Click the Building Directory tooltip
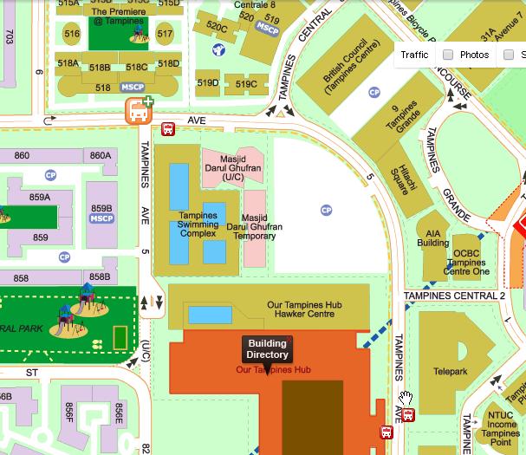click(267, 349)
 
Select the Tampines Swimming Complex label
click(198, 224)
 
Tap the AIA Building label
click(433, 238)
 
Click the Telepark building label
click(450, 371)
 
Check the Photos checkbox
click(448, 55)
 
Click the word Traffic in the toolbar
click(414, 55)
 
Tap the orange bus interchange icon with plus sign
click(138, 111)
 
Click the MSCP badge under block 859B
click(101, 219)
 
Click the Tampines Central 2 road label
click(454, 296)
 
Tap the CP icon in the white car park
click(326, 210)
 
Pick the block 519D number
click(208, 83)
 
